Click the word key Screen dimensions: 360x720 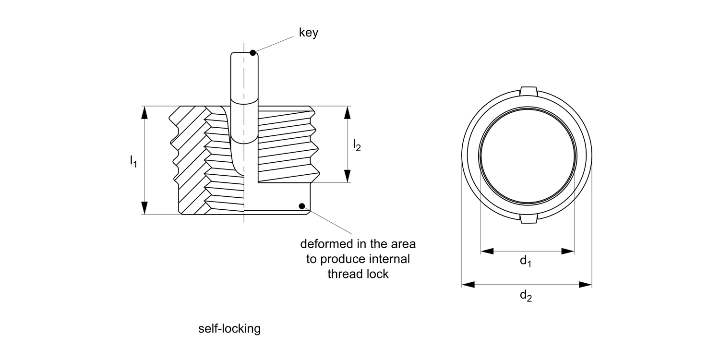tap(309, 33)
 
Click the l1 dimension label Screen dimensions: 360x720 tap(133, 161)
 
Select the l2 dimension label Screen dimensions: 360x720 tap(357, 144)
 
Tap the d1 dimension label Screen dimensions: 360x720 tap(526, 261)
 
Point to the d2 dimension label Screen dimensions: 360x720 tap(526, 296)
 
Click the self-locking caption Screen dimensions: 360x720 tap(229, 329)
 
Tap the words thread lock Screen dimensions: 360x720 tap(358, 274)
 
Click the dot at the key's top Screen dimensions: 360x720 tap(253, 52)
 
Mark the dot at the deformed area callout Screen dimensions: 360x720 tap(302, 206)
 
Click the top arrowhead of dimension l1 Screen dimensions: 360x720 tap(144, 112)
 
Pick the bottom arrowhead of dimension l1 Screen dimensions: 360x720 tap(144, 208)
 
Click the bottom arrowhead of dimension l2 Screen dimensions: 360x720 tap(348, 176)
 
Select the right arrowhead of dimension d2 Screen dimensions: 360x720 tap(585, 285)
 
